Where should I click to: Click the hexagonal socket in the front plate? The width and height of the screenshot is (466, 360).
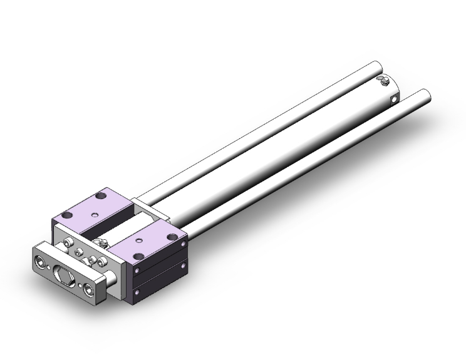pos(65,275)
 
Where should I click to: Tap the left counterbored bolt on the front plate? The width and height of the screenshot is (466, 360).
pos(42,262)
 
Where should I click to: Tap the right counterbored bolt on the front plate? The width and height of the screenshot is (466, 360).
pos(91,287)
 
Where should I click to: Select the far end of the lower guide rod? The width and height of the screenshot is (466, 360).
pos(426,96)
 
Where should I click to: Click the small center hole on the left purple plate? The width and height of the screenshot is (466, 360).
pos(94,214)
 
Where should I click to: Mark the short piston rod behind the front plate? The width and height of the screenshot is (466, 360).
pos(111,277)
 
